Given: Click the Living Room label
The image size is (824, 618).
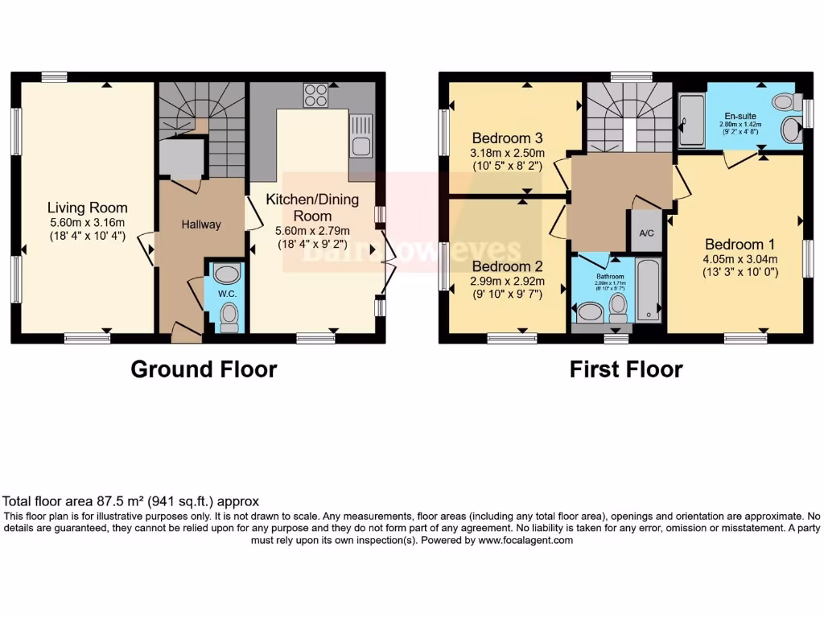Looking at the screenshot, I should click(87, 208).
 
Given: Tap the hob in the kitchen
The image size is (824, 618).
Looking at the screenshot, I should click(315, 96).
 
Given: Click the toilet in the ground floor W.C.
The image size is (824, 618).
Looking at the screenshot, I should click(229, 315).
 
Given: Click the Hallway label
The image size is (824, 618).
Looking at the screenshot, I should click(200, 225).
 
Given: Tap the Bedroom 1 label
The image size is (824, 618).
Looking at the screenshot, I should click(740, 245).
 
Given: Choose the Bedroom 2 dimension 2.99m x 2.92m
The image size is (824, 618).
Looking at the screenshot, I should click(508, 282).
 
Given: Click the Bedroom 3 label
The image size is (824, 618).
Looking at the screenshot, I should click(508, 138).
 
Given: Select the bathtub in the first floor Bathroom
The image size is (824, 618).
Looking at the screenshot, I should click(648, 290).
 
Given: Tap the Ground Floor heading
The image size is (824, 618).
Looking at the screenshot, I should click(204, 369).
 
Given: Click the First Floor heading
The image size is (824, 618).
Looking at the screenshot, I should click(626, 369).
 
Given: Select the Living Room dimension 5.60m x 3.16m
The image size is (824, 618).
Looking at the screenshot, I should click(87, 222).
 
